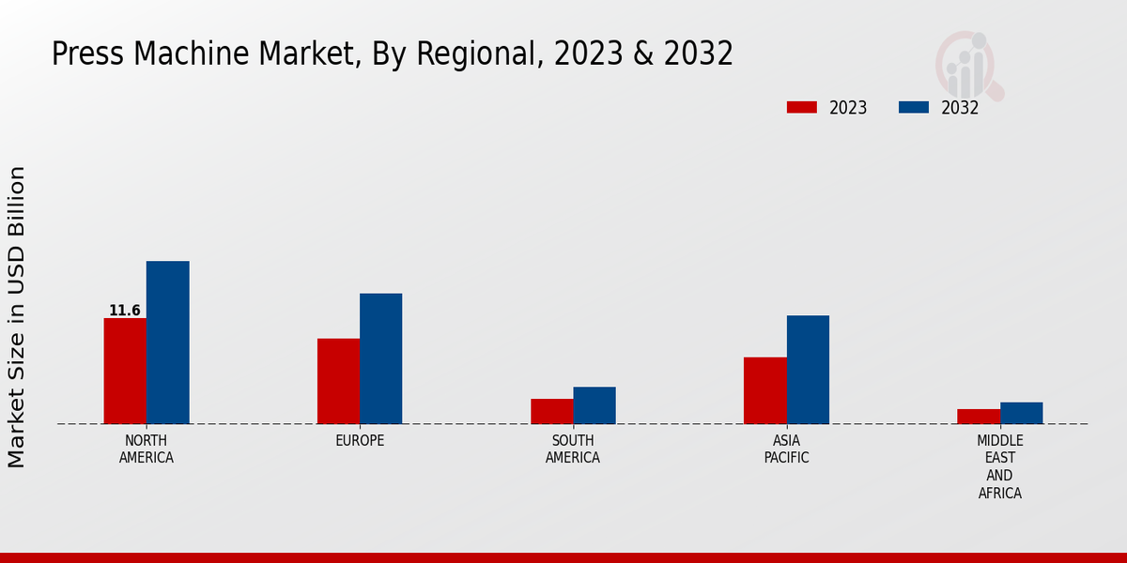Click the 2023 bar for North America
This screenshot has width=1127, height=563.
[x=125, y=371]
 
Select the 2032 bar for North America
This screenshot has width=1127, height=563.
[x=167, y=342]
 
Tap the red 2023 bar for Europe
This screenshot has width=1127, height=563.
[x=338, y=381]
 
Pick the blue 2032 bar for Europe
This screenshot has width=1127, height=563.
[x=380, y=358]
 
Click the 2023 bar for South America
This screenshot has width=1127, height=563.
[x=551, y=411]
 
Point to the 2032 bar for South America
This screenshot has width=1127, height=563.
[x=594, y=405]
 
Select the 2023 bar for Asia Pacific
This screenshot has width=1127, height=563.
[x=764, y=390]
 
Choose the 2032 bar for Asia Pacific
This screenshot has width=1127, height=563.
[x=808, y=370]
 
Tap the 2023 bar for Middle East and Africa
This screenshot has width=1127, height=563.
[x=979, y=417]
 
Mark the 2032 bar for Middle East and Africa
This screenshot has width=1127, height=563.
[x=1021, y=413]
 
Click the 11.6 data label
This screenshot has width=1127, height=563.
[x=125, y=311]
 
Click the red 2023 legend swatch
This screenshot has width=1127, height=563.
[x=801, y=107]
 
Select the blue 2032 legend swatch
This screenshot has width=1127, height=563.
[x=913, y=107]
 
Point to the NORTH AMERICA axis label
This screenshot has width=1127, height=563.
[x=147, y=449]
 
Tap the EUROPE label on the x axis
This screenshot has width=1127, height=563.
[x=360, y=441]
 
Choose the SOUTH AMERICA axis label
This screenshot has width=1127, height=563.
[x=573, y=449]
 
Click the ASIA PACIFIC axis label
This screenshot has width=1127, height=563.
[x=786, y=449]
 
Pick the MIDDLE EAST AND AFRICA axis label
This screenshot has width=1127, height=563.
[x=1000, y=466]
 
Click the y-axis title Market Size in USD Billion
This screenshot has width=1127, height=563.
[x=17, y=317]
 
